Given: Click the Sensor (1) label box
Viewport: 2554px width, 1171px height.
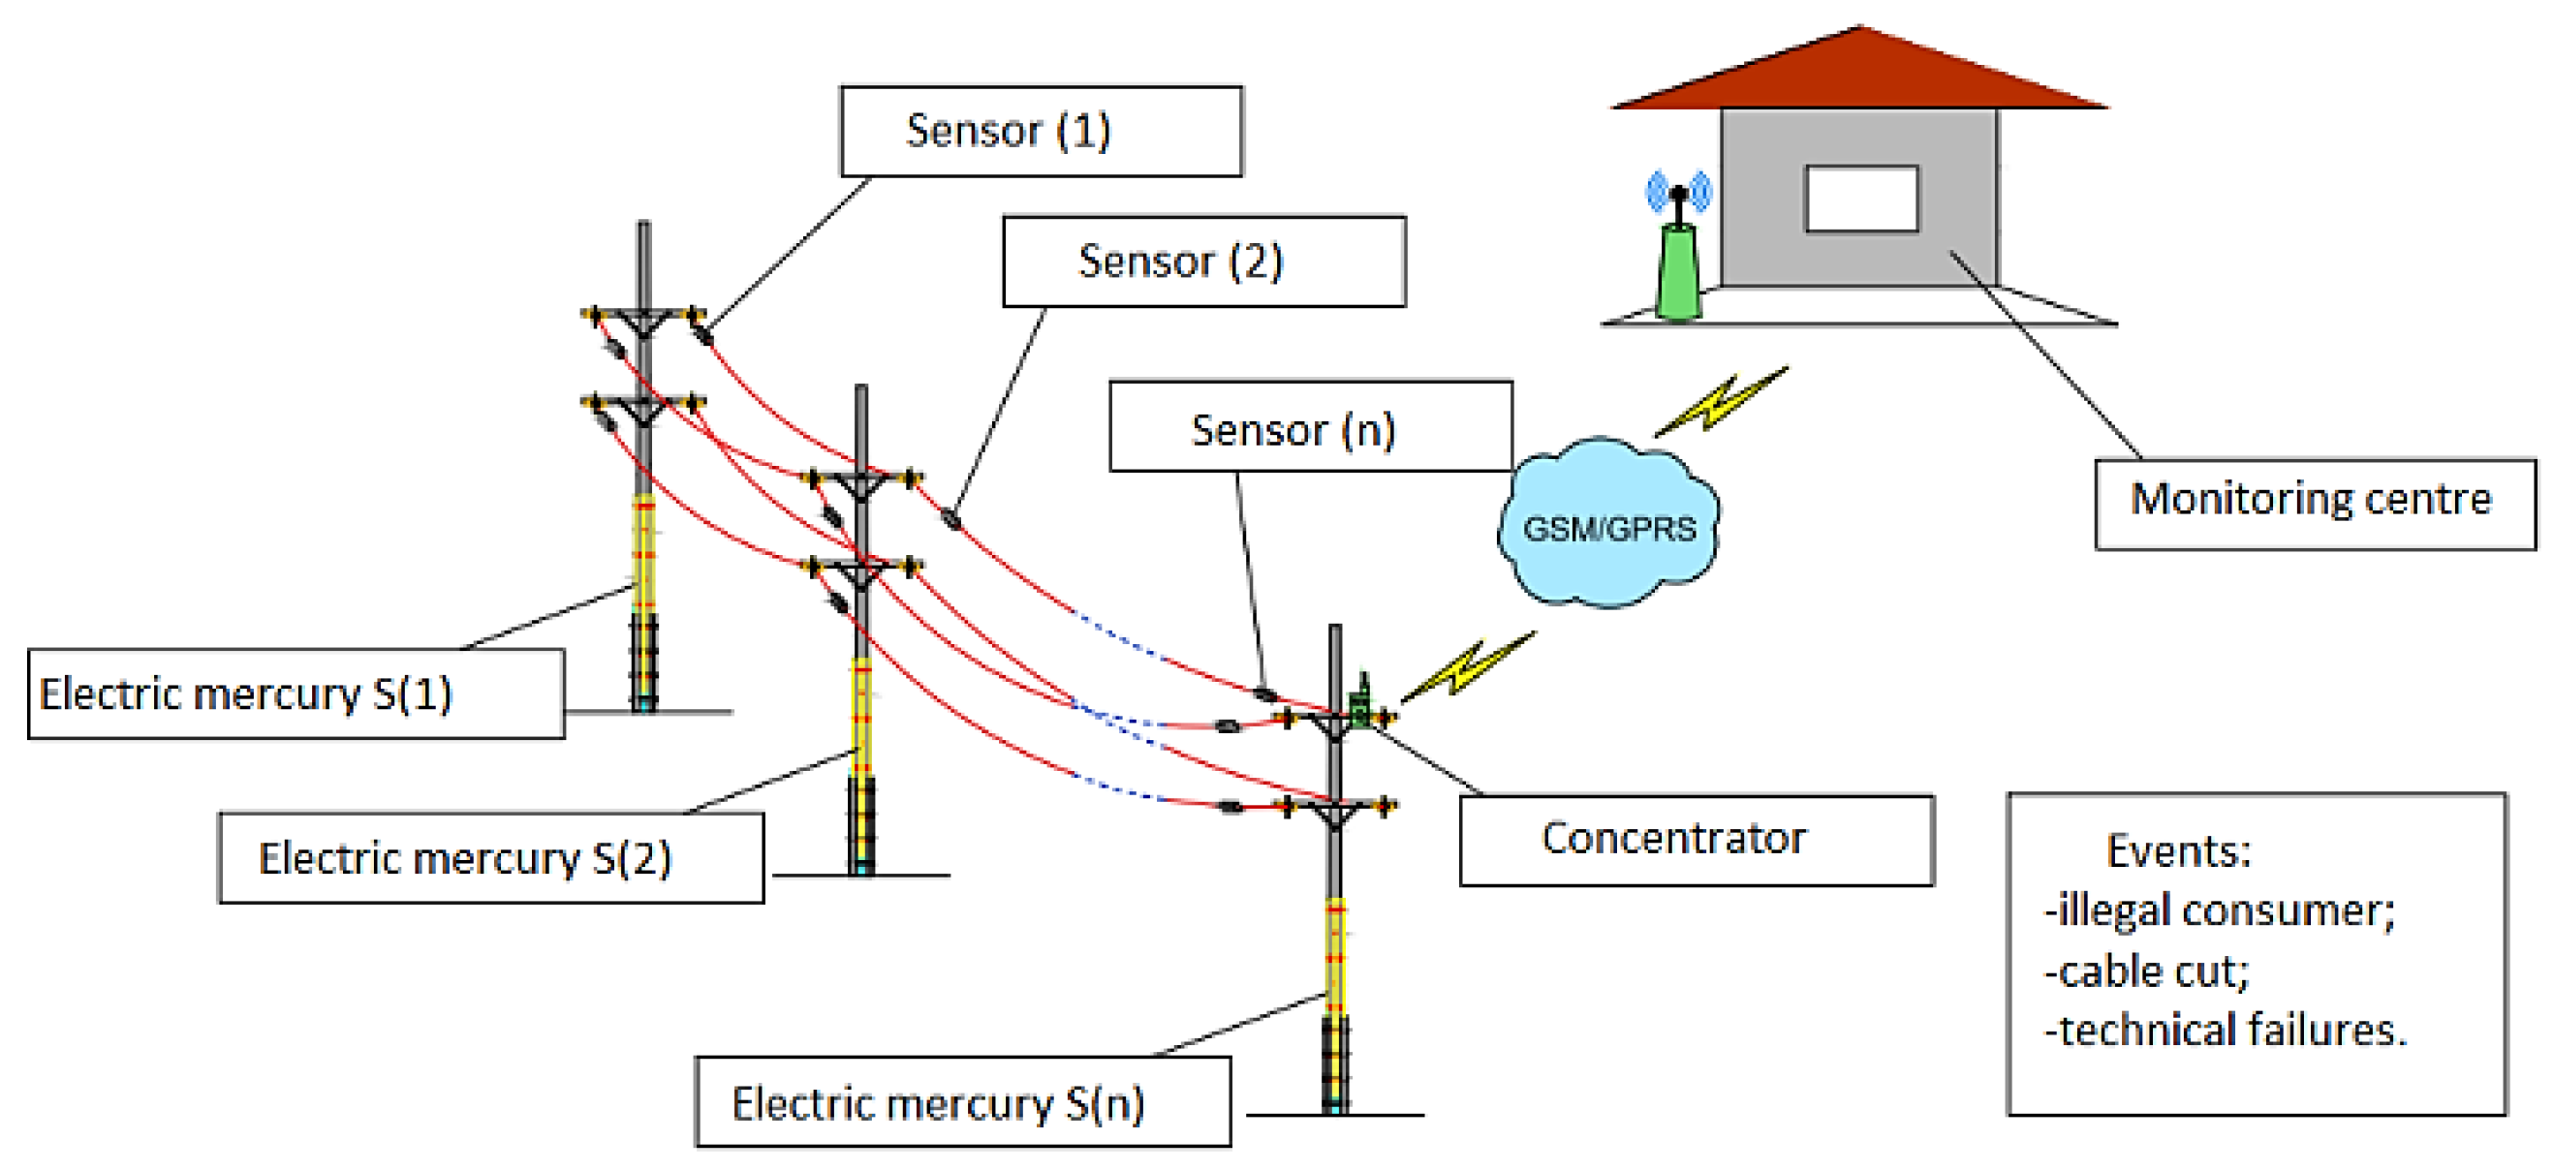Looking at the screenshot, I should [x=1040, y=131].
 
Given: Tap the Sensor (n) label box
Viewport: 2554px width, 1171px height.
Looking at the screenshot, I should [x=1310, y=426].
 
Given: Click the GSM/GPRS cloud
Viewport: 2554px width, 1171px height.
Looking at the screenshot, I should [x=1608, y=526].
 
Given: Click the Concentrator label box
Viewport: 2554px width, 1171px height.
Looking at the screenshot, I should [x=1696, y=840].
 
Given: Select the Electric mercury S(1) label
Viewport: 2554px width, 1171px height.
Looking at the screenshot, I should [x=296, y=693].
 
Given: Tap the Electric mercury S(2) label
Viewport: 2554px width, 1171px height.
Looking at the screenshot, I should [x=491, y=858].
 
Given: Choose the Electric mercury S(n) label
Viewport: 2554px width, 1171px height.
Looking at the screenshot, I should [x=962, y=1101].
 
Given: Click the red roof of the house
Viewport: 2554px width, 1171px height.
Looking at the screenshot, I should [x=1859, y=75].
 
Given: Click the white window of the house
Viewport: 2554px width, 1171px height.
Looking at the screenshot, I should [x=1861, y=199].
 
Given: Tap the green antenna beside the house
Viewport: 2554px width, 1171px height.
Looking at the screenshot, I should [x=1677, y=267].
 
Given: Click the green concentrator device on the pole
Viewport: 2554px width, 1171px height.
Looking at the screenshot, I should [x=1362, y=706].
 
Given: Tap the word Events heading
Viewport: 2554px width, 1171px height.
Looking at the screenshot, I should [x=2177, y=850].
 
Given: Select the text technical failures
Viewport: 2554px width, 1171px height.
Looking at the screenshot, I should [x=2225, y=1031].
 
